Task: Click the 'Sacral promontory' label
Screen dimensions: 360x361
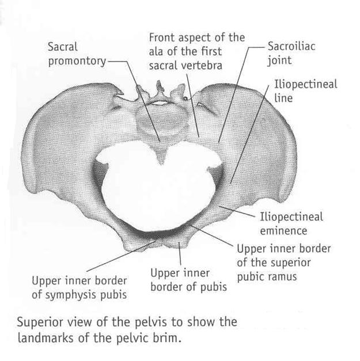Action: (77, 54)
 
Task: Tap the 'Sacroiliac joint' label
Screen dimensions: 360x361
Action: (291, 54)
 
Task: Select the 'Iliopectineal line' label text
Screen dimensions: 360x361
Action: (305, 91)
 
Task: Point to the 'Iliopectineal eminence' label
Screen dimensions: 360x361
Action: (291, 224)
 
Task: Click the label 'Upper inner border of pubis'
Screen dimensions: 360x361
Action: (188, 280)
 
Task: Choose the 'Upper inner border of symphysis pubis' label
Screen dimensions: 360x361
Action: (79, 288)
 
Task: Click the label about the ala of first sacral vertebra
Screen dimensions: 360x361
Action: (197, 52)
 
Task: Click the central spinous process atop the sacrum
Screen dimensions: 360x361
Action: (159, 89)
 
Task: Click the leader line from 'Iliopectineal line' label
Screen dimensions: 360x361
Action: (249, 134)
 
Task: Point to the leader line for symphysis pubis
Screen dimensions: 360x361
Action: (120, 256)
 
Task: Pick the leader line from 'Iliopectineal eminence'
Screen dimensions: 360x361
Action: (237, 211)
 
